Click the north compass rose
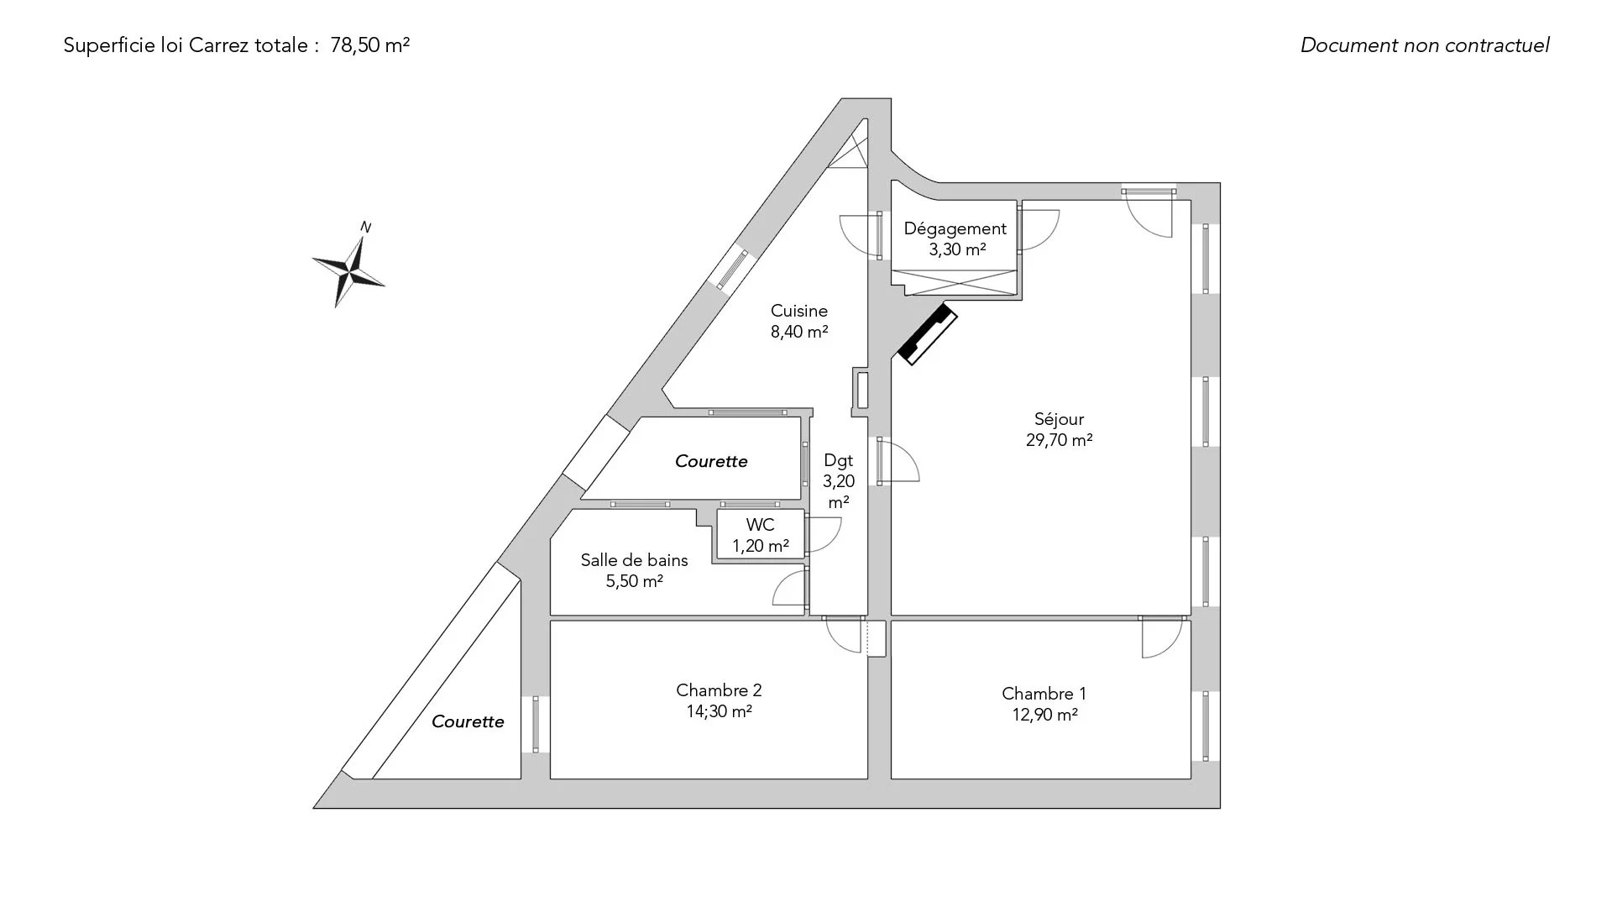coord(348,270)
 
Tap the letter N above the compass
coord(365,227)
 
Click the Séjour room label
coord(1059,419)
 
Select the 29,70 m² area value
coord(1059,440)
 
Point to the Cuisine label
coord(799,311)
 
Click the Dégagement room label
coord(955,228)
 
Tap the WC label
coord(761,525)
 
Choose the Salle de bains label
coord(635,560)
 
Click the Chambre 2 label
coord(719,690)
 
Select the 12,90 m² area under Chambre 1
coord(1044,715)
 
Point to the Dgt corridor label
coord(839,460)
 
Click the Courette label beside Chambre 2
coord(468,721)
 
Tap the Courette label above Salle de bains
coord(711,461)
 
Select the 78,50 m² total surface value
coord(370,45)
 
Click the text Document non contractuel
coord(1425,45)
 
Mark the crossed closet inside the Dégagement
coord(956,283)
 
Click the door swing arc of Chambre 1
coord(1162,638)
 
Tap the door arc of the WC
coord(824,535)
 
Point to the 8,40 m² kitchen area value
coord(799,332)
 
